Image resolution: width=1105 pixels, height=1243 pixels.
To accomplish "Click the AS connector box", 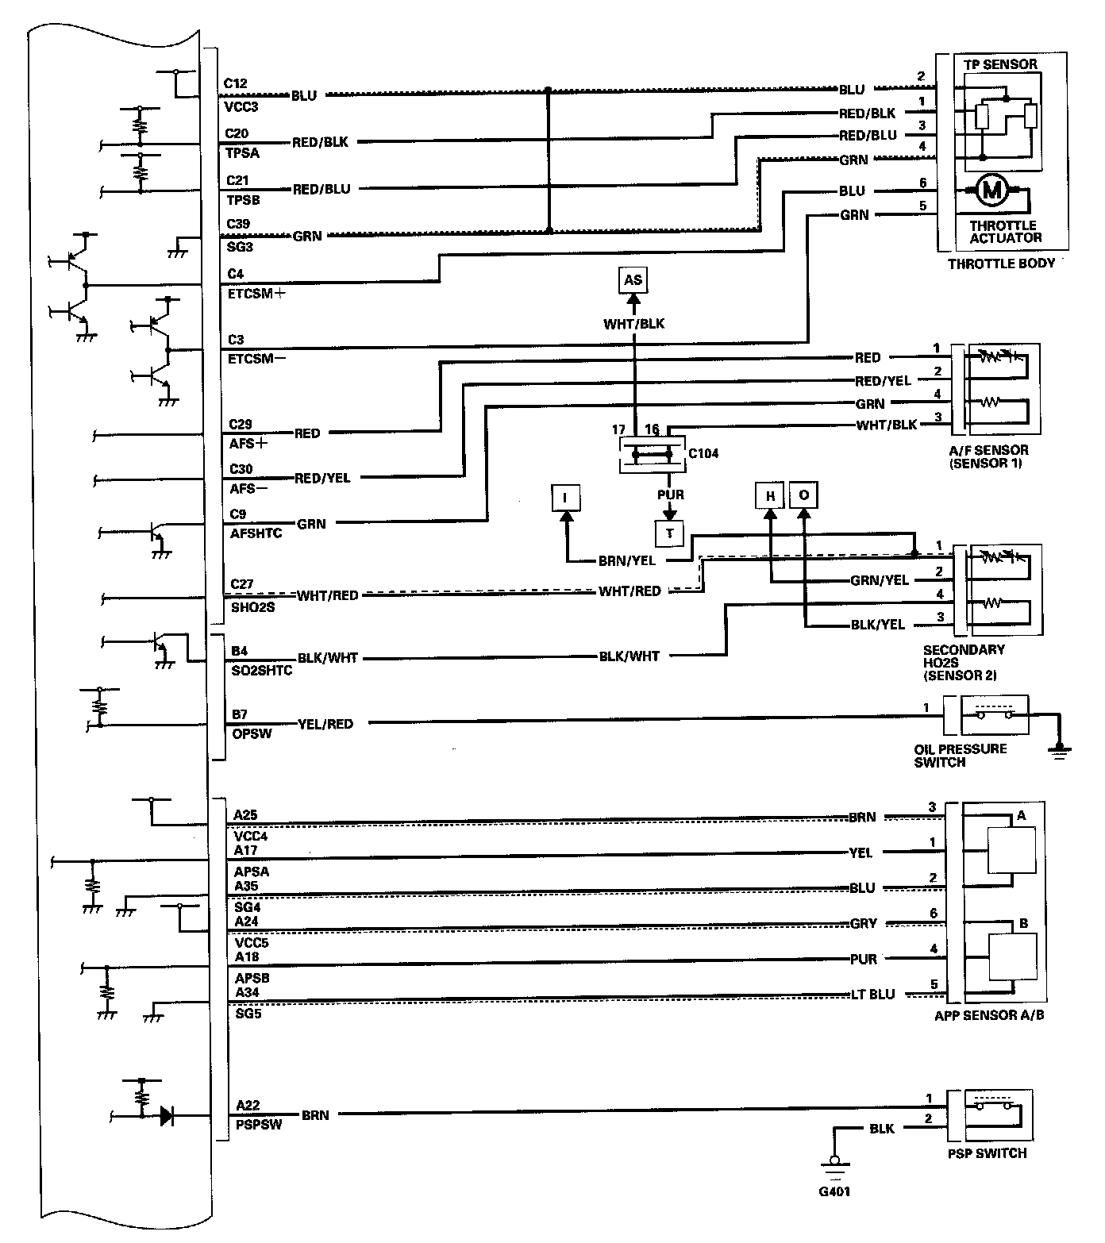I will click(633, 280).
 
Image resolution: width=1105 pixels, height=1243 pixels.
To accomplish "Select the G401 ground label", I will click(834, 1191).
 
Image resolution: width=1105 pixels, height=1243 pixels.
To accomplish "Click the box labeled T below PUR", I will click(670, 533).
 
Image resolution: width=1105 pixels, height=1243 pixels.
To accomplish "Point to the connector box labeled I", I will click(565, 498).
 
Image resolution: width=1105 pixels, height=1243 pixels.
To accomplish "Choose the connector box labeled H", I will click(769, 496).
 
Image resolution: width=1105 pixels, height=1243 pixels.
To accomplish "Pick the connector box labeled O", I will click(804, 496).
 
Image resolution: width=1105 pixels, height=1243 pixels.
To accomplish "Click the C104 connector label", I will click(703, 453).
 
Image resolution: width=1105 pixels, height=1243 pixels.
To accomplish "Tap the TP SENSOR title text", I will click(1000, 64).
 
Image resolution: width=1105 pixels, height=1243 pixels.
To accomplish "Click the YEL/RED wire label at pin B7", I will click(325, 724).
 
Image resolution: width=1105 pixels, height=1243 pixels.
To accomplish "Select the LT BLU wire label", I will click(871, 995).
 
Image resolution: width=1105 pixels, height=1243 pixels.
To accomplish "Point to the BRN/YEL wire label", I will click(627, 560).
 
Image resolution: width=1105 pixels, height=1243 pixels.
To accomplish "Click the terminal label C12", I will click(236, 83).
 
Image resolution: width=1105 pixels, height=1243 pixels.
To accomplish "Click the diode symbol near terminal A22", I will click(167, 1116).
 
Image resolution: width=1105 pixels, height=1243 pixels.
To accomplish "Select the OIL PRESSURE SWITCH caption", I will click(961, 755).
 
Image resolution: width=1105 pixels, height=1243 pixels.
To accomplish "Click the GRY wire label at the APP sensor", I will click(863, 923).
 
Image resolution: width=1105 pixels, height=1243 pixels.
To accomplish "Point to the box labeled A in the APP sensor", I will click(1011, 851).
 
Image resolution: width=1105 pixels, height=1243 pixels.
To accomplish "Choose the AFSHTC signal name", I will click(256, 533).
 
